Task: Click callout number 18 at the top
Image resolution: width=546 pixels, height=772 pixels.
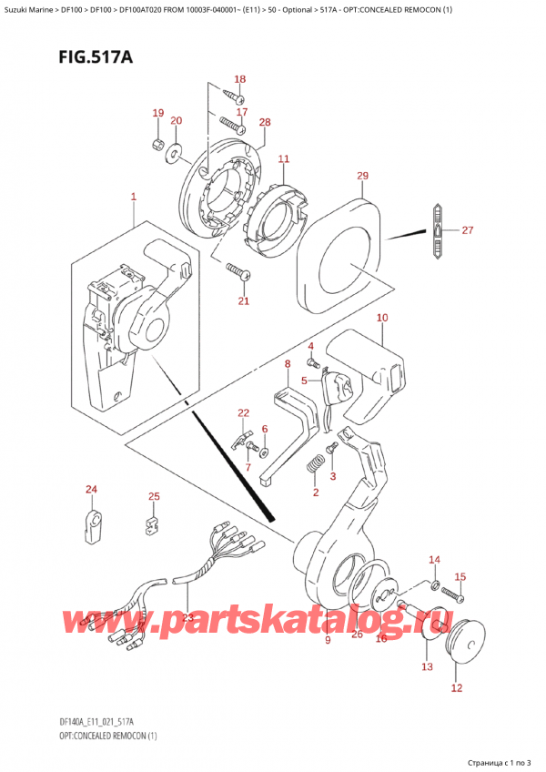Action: pyautogui.click(x=240, y=79)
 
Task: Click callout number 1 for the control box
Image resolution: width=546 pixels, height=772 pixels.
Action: pyautogui.click(x=133, y=197)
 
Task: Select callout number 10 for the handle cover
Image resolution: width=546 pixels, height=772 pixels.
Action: pyautogui.click(x=381, y=318)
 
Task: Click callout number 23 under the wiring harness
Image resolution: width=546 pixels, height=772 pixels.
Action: pyautogui.click(x=187, y=616)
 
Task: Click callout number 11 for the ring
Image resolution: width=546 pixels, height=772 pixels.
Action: pyautogui.click(x=283, y=159)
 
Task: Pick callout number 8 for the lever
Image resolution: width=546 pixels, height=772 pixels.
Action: pyautogui.click(x=287, y=364)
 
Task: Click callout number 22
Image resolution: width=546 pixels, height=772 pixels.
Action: pyautogui.click(x=243, y=412)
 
